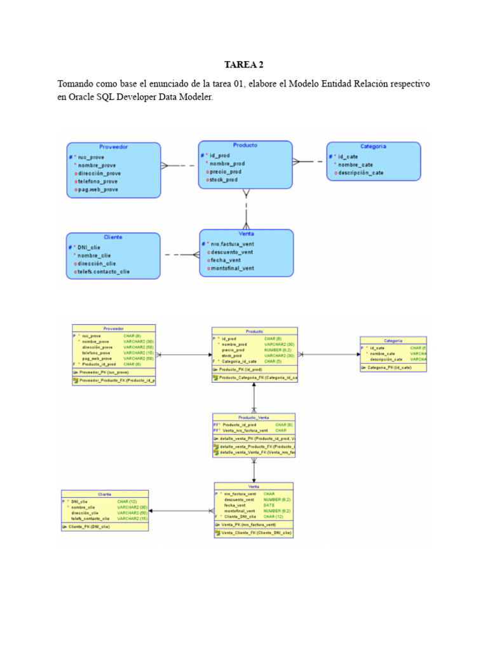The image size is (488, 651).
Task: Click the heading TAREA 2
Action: coord(243,65)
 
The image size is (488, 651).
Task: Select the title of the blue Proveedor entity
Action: coord(113,147)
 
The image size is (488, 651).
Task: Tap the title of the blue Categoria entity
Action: coord(373,146)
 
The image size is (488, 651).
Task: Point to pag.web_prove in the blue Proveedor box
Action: coord(98,189)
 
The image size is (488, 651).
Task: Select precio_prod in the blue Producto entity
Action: coord(226,172)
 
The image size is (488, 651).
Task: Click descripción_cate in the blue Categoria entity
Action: coord(360,173)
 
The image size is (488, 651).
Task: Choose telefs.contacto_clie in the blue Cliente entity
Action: coord(104,271)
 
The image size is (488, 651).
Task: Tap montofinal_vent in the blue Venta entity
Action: coord(231,268)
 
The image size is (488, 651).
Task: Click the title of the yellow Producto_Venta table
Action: coord(254,417)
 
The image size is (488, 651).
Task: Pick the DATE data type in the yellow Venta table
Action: coord(269,505)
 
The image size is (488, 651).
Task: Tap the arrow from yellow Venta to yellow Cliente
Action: coord(181,511)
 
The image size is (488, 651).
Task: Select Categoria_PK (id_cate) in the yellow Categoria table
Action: coord(389,367)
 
